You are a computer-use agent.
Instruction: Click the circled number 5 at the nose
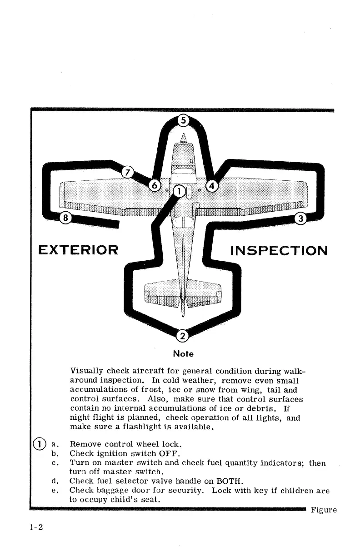[x=183, y=121]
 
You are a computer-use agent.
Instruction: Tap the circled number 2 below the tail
[x=182, y=336]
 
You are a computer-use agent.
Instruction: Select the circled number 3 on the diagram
[x=300, y=218]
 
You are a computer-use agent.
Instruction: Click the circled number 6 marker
[x=155, y=186]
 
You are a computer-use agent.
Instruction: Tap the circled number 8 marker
[x=66, y=218]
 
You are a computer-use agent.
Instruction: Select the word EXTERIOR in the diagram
[x=78, y=250]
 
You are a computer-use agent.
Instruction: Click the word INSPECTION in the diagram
[x=279, y=250]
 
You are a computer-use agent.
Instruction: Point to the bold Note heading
[x=183, y=353]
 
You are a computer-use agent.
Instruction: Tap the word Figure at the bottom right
[x=324, y=510]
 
